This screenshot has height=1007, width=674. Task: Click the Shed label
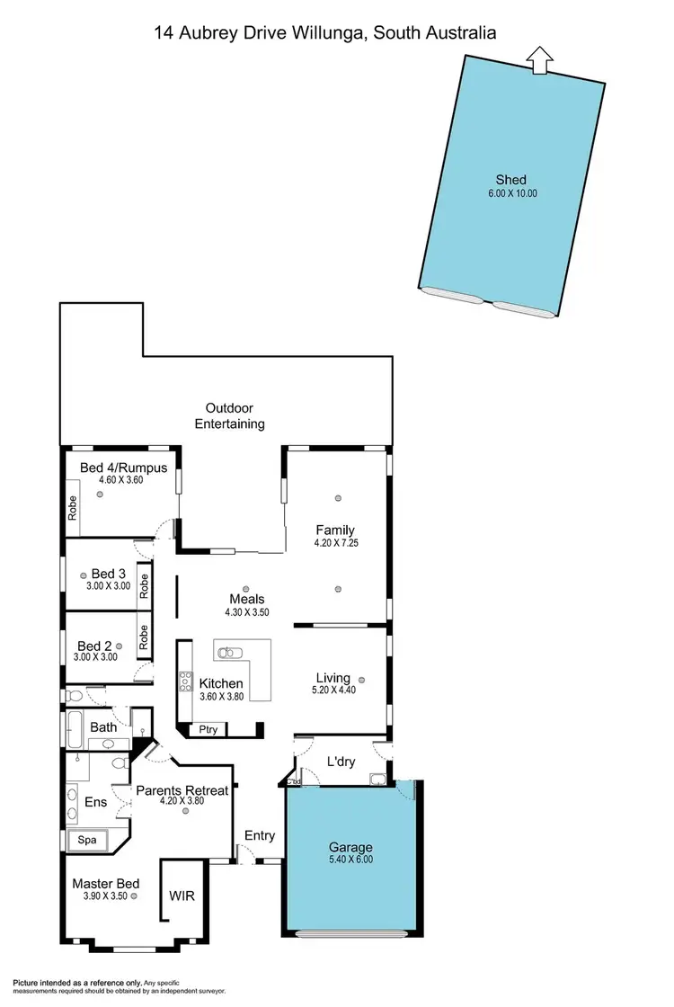point(510,179)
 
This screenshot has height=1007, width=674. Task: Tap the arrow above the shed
point(538,60)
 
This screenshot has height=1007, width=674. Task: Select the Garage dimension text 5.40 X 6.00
point(350,860)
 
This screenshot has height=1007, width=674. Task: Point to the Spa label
point(87,840)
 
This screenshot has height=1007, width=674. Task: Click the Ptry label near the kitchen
point(208,729)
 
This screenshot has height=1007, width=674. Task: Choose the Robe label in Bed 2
point(143,637)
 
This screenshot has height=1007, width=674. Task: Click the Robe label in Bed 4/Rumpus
point(73,508)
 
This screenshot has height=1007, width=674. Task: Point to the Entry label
point(260,835)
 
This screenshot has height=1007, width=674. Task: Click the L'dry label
point(341,762)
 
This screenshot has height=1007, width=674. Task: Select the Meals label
point(247,599)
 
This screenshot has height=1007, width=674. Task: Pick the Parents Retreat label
point(182,790)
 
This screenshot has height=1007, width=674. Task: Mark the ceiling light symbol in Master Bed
point(133,896)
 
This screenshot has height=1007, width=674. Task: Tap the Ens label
point(95,801)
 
